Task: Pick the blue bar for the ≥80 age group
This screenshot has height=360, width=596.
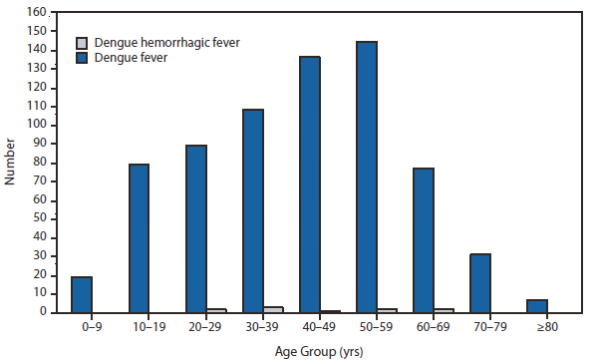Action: pyautogui.click(x=536, y=305)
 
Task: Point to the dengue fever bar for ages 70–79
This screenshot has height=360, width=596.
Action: pyautogui.click(x=479, y=282)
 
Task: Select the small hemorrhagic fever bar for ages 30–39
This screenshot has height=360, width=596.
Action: pyautogui.click(x=273, y=309)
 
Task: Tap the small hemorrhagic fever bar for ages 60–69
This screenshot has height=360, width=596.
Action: pyautogui.click(x=444, y=310)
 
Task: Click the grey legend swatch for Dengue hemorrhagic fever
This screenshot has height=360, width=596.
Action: pyautogui.click(x=84, y=44)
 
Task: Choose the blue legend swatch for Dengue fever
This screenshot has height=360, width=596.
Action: pyautogui.click(x=84, y=59)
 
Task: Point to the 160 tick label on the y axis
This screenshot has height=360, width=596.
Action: pyautogui.click(x=36, y=12)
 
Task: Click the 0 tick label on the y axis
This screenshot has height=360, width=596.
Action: pyautogui.click(x=42, y=312)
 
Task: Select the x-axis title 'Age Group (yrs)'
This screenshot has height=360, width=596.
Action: pyautogui.click(x=319, y=350)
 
